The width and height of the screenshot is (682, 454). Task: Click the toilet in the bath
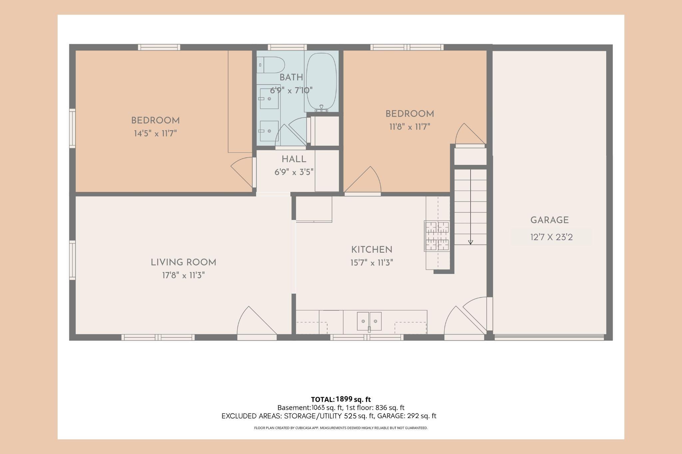(270, 65)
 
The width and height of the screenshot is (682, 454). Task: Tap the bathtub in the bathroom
(321, 82)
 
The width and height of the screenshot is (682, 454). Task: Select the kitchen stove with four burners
(437, 236)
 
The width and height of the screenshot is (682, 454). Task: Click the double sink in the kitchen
(369, 321)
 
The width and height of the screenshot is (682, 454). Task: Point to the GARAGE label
(549, 220)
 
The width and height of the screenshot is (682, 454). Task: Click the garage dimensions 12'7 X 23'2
(551, 237)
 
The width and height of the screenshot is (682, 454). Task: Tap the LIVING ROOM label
(183, 262)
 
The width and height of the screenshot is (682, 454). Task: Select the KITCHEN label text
(372, 250)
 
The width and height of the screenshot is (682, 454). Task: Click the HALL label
(294, 159)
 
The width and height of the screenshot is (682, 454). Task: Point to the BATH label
(291, 77)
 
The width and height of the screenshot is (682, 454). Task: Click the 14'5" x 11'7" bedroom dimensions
(155, 134)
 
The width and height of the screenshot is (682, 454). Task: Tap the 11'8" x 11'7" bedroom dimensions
(410, 127)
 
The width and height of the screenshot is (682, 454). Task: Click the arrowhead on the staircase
(471, 242)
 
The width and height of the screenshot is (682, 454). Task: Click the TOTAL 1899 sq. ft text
(341, 399)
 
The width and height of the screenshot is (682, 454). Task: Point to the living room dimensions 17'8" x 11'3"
(183, 275)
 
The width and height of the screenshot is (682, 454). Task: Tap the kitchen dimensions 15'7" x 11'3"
(372, 263)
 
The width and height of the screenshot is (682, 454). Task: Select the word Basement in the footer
(294, 407)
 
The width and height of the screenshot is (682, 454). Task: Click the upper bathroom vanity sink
(269, 99)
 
